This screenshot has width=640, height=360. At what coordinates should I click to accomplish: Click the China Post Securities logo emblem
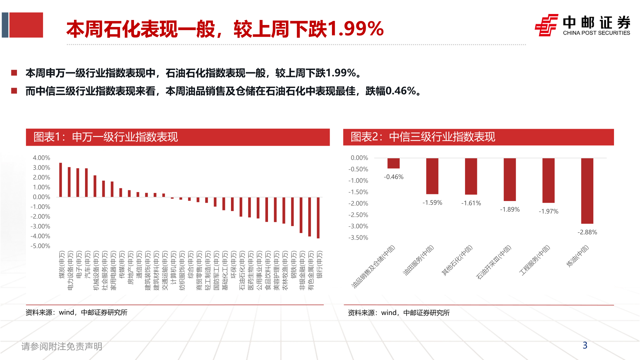(546, 25)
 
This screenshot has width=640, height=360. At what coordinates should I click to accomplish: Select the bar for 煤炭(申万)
(61, 180)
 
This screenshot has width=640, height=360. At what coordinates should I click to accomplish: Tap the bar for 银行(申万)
(318, 217)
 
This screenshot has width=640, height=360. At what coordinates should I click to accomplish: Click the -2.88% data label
(587, 232)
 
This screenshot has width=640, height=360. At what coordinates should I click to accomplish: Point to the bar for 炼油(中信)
(587, 191)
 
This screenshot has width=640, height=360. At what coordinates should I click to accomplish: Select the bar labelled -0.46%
(393, 163)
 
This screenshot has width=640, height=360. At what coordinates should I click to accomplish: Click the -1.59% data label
(432, 203)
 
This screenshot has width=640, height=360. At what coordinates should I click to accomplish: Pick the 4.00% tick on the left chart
(41, 158)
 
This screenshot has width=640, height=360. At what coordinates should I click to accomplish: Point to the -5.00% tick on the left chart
(40, 246)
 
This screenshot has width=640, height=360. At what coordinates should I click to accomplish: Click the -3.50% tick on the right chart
(358, 238)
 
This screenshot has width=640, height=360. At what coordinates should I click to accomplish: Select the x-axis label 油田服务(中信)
(418, 260)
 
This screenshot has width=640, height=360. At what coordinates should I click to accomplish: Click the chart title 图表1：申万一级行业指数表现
(106, 137)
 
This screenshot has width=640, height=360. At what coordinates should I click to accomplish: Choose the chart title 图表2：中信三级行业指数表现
(423, 137)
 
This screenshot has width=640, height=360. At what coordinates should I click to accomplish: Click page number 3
(585, 345)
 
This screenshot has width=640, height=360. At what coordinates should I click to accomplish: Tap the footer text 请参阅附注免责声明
(62, 346)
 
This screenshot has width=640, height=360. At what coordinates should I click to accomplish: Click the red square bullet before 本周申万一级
(14, 73)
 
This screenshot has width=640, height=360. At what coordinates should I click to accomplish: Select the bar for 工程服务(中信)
(548, 180)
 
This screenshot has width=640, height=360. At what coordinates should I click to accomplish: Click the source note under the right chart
(399, 313)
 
